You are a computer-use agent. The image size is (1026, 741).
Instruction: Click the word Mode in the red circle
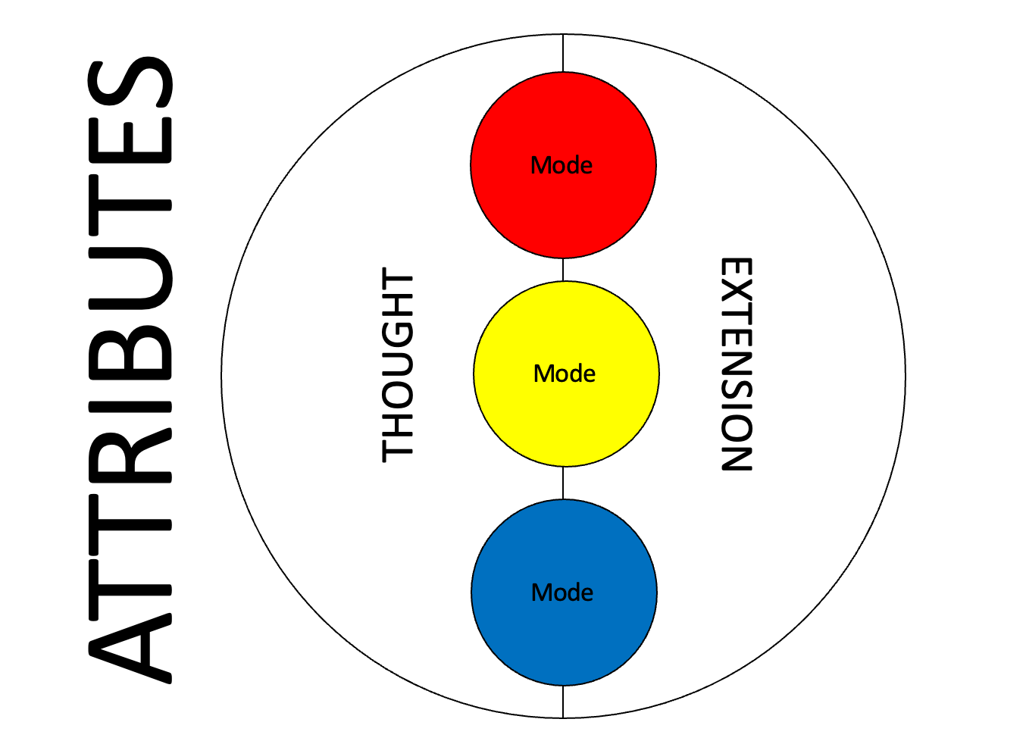tap(561, 165)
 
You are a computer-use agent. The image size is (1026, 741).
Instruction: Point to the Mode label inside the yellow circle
tap(565, 374)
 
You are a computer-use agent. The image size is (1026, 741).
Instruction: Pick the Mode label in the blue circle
tap(562, 592)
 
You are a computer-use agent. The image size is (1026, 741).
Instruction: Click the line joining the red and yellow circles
tap(563, 270)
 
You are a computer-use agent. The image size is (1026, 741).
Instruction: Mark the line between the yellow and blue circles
tap(563, 483)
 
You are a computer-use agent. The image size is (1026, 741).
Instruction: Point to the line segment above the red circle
tap(563, 53)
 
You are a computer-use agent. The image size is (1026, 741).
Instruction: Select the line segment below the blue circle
tap(563, 702)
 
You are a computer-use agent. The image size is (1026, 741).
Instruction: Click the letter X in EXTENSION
tap(736, 295)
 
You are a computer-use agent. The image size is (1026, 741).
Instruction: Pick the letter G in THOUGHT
tap(398, 338)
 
